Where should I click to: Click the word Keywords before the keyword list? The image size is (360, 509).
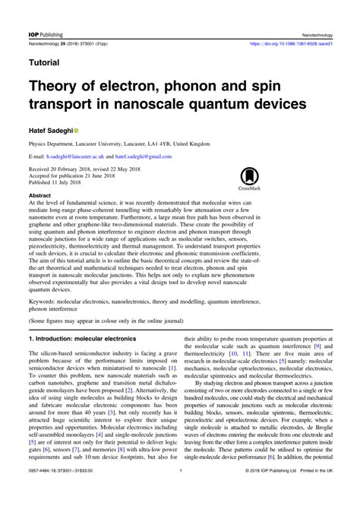pyautogui.click(x=43, y=302)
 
